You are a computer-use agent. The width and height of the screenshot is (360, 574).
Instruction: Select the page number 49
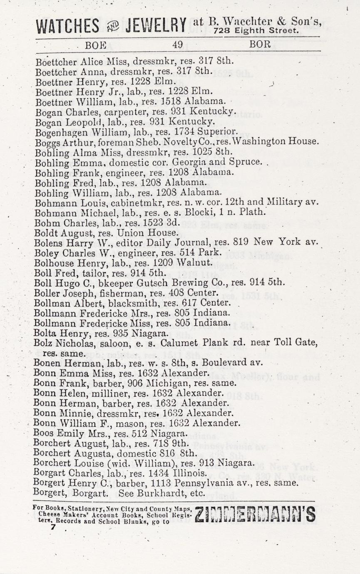pos(177,45)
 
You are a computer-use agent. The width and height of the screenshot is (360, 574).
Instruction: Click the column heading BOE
pos(95,45)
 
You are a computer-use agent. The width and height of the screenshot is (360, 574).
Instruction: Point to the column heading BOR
pos(260,44)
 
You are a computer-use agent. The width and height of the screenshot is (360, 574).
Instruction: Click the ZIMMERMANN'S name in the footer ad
pos(255,515)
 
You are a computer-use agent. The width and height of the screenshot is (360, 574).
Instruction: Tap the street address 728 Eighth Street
pos(256,30)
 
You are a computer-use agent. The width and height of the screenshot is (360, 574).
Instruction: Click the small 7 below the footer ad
pos(52,527)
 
